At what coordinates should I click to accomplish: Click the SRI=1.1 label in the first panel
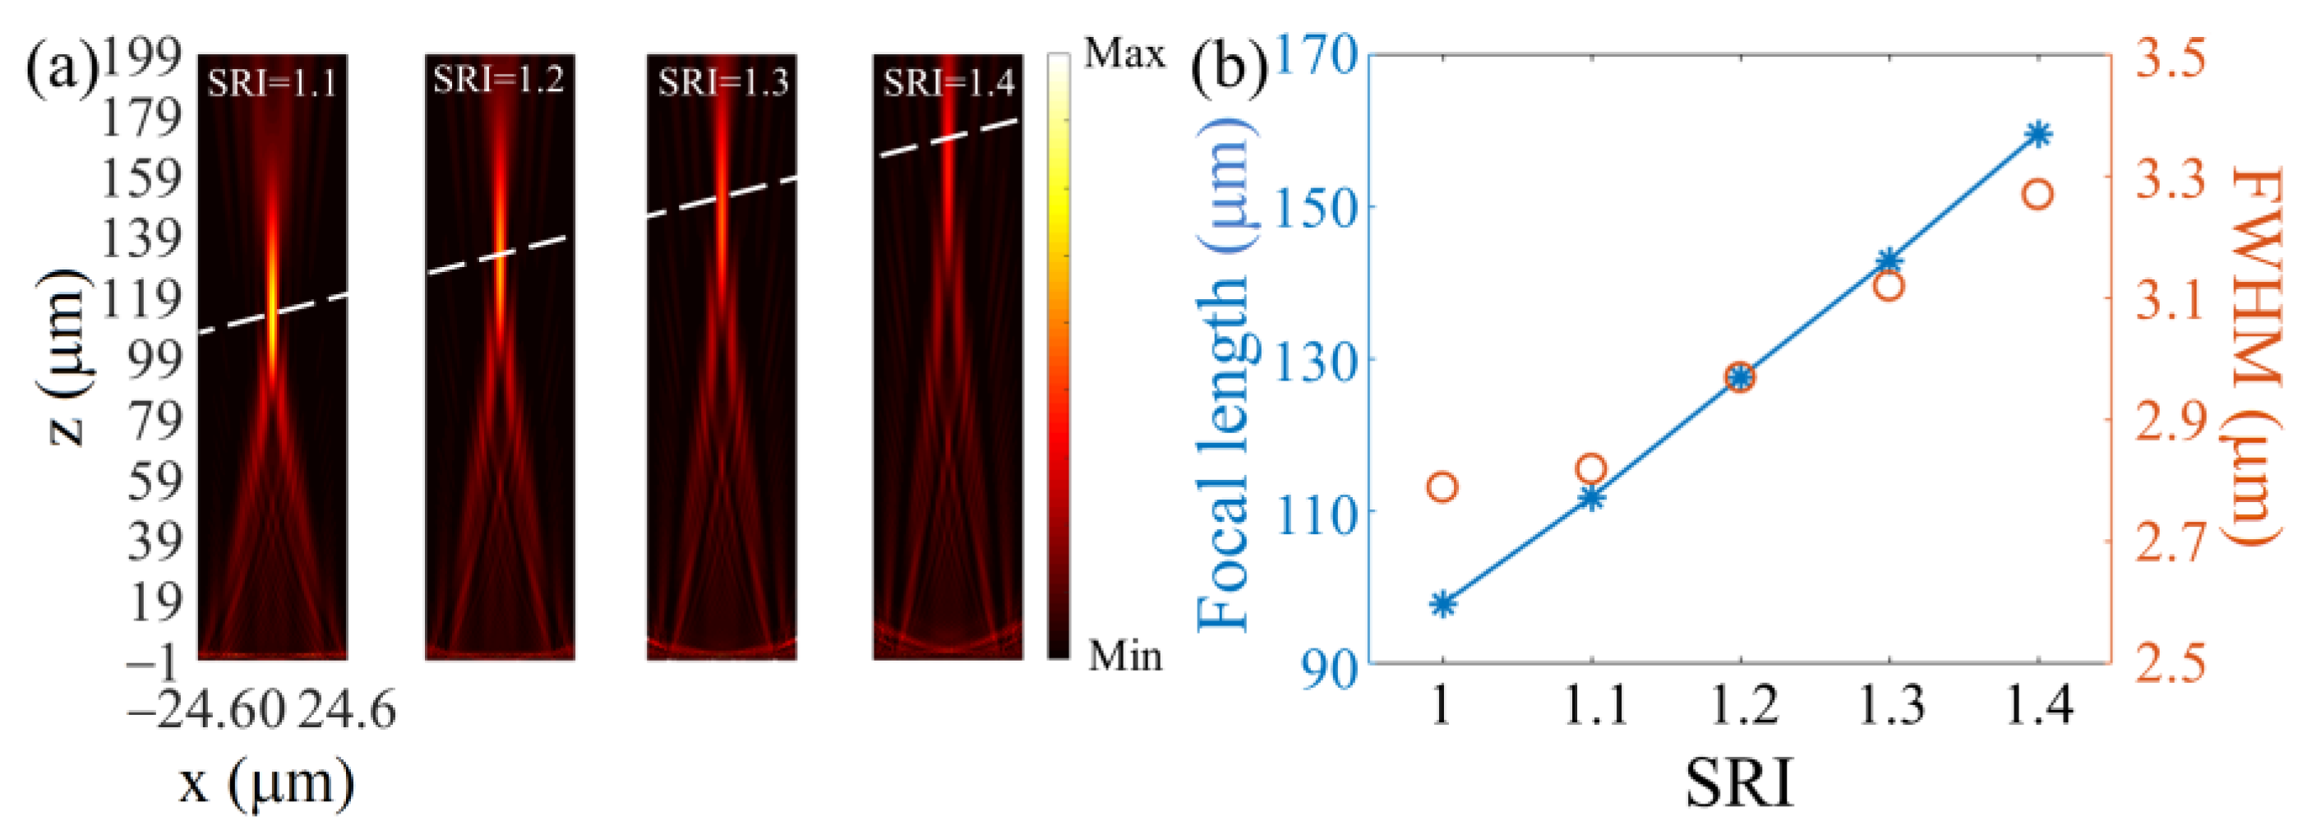pyautogui.click(x=272, y=83)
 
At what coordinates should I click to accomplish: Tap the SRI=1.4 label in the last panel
pyautogui.click(x=948, y=83)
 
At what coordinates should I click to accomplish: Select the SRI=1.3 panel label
pyautogui.click(x=722, y=82)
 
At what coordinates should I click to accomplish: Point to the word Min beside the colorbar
pyautogui.click(x=1125, y=657)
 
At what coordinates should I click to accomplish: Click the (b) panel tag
pyautogui.click(x=1229, y=67)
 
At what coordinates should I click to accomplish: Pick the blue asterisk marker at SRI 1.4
pyautogui.click(x=2038, y=134)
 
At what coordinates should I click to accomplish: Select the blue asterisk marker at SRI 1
pyautogui.click(x=1442, y=605)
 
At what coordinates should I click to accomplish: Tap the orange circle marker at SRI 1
pyautogui.click(x=1442, y=487)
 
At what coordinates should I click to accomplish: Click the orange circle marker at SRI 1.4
pyautogui.click(x=2038, y=194)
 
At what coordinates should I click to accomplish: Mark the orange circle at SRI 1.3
pyautogui.click(x=1889, y=287)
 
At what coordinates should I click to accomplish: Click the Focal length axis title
pyautogui.click(x=1226, y=376)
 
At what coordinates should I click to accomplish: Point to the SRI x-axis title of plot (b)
pyautogui.click(x=1739, y=783)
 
